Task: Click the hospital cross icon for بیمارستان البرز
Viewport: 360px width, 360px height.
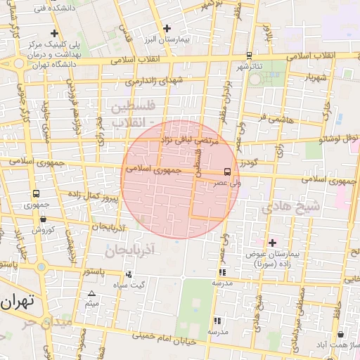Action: pos(167,29)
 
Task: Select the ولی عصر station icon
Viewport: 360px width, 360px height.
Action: pos(226,172)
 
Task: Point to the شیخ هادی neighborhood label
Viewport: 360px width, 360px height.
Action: pos(290,207)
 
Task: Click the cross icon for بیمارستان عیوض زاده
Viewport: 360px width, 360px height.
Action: pos(272,243)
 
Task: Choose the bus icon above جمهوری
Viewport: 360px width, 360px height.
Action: pos(36,194)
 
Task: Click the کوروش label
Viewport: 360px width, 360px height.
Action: pos(42,230)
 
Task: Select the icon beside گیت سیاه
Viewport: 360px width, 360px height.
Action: pos(128,274)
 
